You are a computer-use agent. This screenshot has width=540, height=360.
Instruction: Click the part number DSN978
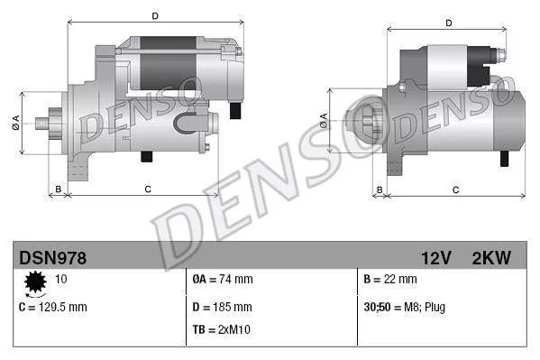click(53, 258)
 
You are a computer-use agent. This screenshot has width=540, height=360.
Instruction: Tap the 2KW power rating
click(490, 258)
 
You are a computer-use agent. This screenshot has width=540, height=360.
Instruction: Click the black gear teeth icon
click(36, 284)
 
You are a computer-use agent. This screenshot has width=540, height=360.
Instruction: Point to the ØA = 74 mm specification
click(223, 280)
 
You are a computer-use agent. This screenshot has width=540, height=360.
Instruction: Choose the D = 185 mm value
click(223, 306)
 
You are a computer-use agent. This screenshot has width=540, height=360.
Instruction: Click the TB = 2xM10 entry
click(222, 329)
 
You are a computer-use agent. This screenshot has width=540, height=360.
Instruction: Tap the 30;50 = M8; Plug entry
click(406, 307)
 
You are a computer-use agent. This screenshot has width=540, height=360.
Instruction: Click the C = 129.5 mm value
click(52, 307)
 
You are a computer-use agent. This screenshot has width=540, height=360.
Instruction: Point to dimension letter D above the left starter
click(155, 15)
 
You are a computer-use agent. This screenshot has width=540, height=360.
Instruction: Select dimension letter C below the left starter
click(147, 189)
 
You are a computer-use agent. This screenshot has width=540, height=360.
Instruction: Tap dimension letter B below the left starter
click(58, 189)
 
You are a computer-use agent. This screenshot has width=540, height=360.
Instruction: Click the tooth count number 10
click(61, 280)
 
